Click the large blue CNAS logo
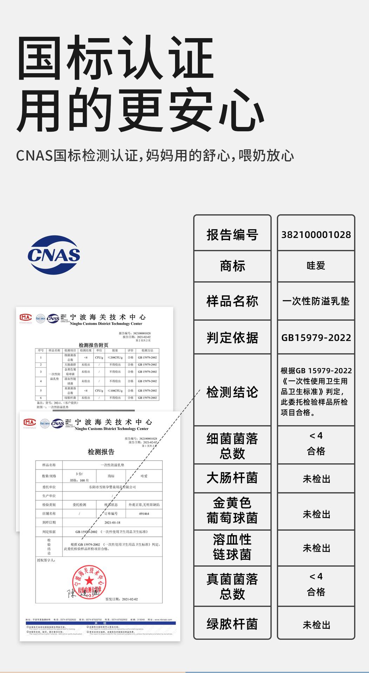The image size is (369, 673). coord(54,254)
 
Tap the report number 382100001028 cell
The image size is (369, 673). coord(316,234)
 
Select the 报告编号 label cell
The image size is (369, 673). coord(232,234)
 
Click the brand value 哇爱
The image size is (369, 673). coord(316,266)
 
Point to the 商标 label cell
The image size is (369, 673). coord(232,266)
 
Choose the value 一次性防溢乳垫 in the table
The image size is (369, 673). coord(316,301)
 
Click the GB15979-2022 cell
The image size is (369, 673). coord(316,338)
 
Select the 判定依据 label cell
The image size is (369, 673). coord(232,338)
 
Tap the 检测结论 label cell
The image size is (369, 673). coord(232,392)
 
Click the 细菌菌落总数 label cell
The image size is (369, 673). coord(232,446)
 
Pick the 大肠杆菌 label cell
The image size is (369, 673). coord(232,478)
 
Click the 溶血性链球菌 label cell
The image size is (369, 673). coord(232,547)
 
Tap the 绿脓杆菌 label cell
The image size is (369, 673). coord(232,624)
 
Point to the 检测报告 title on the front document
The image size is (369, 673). coord(101,452)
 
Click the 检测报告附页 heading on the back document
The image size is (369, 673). coord(93,345)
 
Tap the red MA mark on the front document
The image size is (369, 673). coord(30,422)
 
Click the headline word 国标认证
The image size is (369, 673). coord(116,58)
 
